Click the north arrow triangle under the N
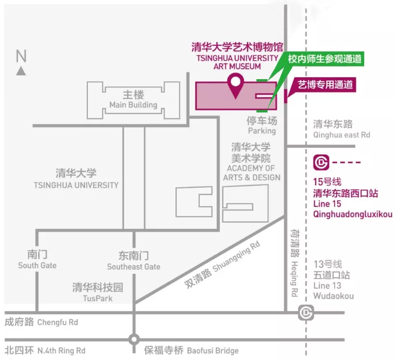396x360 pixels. (x=21, y=71)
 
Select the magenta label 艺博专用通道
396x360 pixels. (x=324, y=85)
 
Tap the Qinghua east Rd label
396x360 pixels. (x=341, y=135)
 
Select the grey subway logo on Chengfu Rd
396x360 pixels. (x=305, y=313)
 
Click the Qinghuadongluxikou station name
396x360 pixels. (x=353, y=214)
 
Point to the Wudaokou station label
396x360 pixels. (x=333, y=295)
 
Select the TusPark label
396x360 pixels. (x=98, y=298)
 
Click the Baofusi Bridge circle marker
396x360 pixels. (x=134, y=339)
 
